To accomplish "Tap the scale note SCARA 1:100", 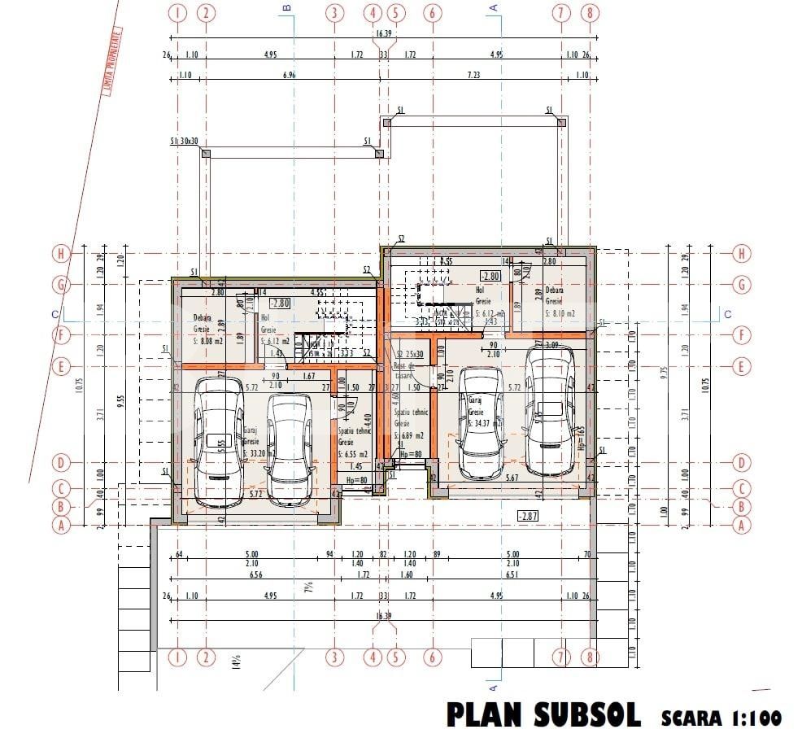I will pos(721,717).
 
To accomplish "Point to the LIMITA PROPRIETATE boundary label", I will pos(114,62).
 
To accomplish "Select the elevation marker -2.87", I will pos(529,516).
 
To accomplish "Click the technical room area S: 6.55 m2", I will pos(353,454).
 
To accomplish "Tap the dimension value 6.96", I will pos(288,76).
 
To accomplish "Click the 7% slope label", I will pos(308,587).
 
